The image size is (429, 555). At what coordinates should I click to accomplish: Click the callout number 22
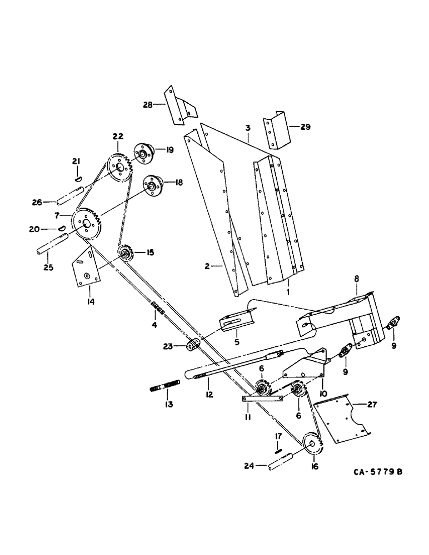[x=118, y=137]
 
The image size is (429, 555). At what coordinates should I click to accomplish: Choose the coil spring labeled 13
[x=162, y=386]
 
